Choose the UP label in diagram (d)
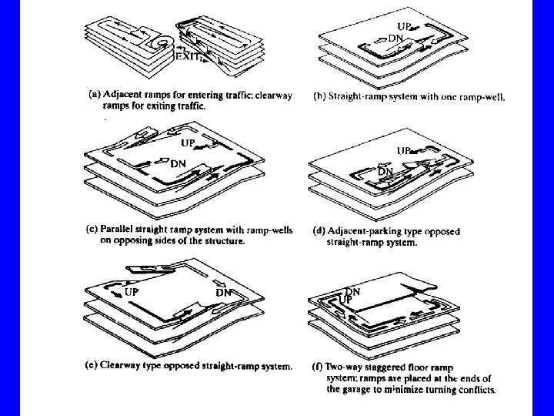pos(403,151)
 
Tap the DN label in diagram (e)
pos(224,293)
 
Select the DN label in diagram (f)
pos(352,291)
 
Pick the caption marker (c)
pos(91,230)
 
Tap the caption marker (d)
pos(318,231)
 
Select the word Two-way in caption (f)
pos(345,367)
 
